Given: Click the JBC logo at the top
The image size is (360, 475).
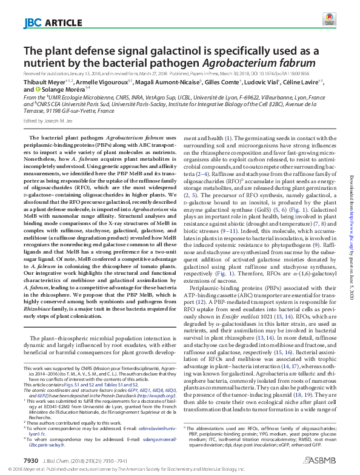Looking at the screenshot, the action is tap(32, 22).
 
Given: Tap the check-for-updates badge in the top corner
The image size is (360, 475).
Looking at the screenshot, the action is tap(329, 18).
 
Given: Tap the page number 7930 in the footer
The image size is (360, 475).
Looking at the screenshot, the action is tap(31, 461).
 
